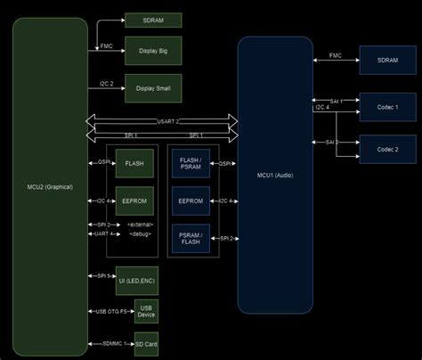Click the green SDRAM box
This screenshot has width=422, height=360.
(153, 20)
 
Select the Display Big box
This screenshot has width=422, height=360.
(153, 51)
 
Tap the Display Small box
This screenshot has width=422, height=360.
(153, 88)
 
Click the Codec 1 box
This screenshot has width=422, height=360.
(386, 107)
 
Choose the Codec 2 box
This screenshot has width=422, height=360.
(386, 149)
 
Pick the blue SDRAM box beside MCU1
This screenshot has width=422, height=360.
(386, 60)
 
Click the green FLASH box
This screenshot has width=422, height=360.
(134, 163)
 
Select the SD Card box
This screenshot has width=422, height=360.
(146, 343)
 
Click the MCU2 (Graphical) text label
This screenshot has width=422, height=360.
(51, 186)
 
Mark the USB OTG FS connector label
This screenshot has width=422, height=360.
(110, 311)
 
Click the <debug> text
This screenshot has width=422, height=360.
(140, 233)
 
